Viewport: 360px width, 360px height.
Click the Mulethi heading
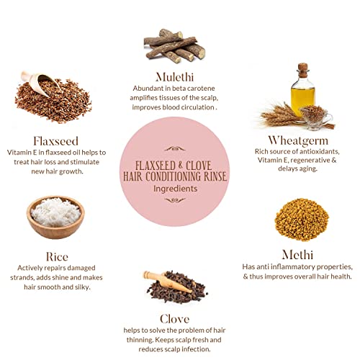point(174,77)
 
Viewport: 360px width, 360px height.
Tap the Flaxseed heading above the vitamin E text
point(56,141)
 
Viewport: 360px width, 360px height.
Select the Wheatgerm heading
point(298,141)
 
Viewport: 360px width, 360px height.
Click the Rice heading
point(57,256)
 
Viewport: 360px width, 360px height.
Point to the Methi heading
point(297,255)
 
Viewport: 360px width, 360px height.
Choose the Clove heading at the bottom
point(175,319)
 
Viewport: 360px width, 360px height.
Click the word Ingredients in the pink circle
point(176,189)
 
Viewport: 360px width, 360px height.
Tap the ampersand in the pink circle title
point(181,165)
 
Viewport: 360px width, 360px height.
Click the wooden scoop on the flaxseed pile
point(40,82)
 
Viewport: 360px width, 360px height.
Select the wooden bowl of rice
point(55,217)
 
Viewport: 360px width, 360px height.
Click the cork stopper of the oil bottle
point(303,71)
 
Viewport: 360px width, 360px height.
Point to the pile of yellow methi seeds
point(302,220)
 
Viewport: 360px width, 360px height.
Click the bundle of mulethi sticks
point(174,46)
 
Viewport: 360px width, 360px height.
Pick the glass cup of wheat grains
point(316,117)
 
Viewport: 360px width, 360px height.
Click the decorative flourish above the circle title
point(175,149)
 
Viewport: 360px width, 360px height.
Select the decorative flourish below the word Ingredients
point(175,200)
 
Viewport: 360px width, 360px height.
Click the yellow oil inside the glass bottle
point(302,100)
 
